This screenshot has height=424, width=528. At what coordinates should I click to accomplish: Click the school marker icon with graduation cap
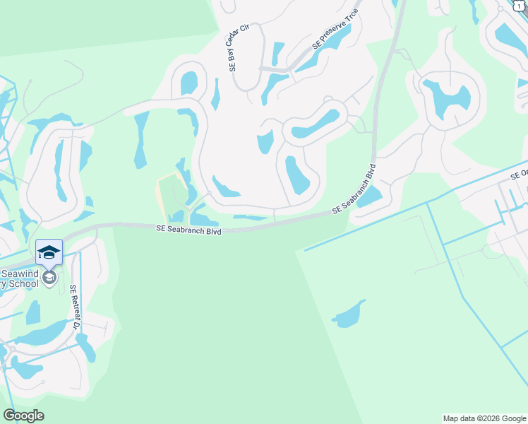(49, 252)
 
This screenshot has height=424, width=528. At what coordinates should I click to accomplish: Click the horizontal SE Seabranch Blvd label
(188, 230)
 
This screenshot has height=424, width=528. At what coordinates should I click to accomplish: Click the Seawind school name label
(21, 278)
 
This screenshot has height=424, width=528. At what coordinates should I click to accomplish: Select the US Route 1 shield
(520, 5)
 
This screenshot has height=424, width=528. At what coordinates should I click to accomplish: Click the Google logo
(23, 416)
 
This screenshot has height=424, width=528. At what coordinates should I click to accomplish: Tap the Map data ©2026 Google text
(484, 418)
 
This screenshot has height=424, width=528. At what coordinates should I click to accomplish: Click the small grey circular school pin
(49, 278)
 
